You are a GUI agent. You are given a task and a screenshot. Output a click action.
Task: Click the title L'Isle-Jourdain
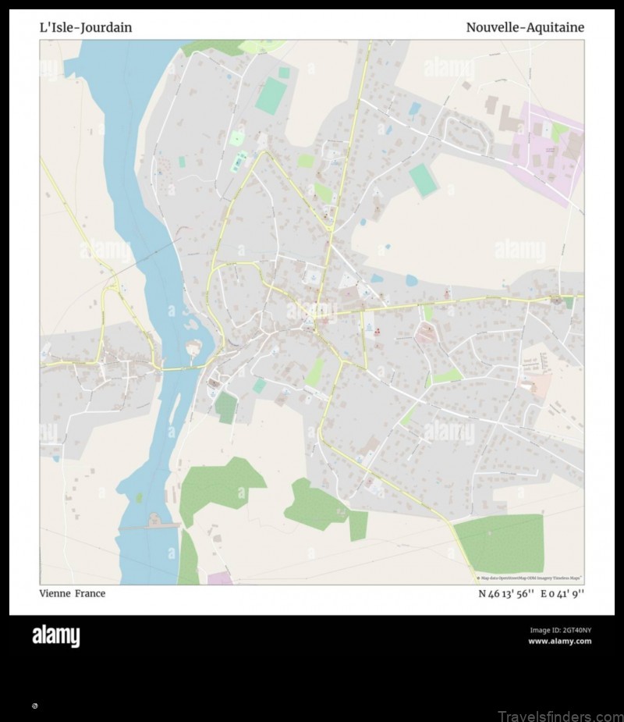86,27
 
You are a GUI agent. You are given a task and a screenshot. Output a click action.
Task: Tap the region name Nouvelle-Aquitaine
525,27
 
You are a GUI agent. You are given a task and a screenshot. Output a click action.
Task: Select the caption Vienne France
73,593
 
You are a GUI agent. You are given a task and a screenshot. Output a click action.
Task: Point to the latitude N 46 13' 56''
506,593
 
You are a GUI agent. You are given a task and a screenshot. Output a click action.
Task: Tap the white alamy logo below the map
55,636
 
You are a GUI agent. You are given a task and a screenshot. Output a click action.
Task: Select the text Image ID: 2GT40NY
560,630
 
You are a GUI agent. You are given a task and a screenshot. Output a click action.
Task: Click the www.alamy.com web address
559,642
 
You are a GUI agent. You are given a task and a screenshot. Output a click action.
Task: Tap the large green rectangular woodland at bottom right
499,542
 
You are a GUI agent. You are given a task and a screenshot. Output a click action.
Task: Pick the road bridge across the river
180,368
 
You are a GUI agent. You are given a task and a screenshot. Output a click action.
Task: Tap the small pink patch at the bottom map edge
221,578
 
